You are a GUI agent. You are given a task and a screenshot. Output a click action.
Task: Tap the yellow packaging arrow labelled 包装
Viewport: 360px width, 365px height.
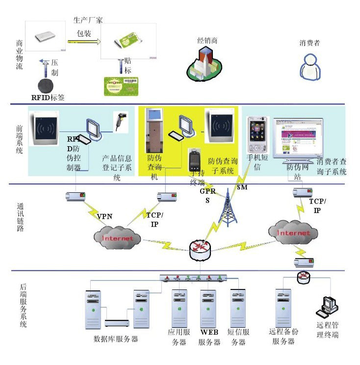click(83, 43)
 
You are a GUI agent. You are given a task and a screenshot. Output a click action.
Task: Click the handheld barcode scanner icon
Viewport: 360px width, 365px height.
click(121, 120)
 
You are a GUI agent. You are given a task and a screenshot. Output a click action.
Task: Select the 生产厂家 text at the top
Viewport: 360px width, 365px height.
click(88, 20)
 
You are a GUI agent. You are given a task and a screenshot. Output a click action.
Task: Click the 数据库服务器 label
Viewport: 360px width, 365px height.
click(115, 339)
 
